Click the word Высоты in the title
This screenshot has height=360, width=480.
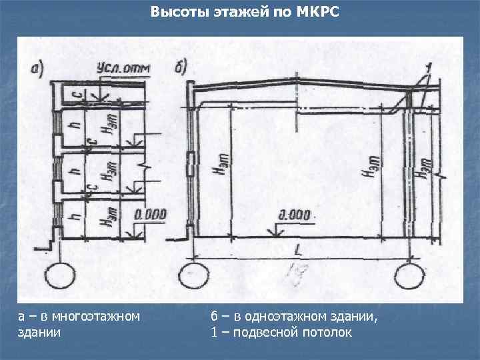(172, 12)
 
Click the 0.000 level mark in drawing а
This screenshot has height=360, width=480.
(149, 215)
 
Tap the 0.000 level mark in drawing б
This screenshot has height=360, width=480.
(294, 215)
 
